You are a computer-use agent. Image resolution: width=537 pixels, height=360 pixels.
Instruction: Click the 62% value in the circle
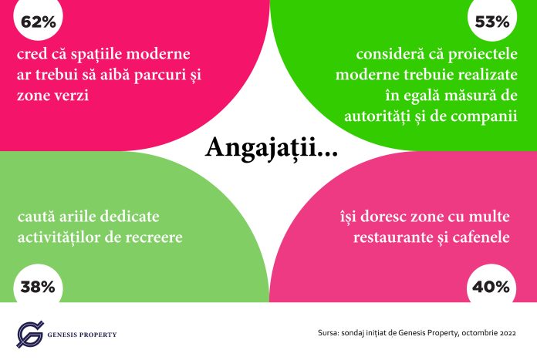click(x=38, y=22)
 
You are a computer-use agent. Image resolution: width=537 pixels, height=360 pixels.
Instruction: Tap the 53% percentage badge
click(x=492, y=22)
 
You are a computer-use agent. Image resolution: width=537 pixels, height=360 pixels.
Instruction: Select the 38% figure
click(x=38, y=287)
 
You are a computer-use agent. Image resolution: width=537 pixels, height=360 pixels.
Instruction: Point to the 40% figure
click(x=491, y=287)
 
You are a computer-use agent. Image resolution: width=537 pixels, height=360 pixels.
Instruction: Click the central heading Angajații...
click(x=272, y=148)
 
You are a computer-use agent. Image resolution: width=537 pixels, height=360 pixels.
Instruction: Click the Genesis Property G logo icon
click(x=30, y=334)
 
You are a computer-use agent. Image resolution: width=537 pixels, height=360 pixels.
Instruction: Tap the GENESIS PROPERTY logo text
click(x=83, y=335)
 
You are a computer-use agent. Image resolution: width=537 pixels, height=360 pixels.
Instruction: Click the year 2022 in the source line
click(x=508, y=333)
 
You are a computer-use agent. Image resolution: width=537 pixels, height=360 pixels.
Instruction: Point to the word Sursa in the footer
click(x=328, y=333)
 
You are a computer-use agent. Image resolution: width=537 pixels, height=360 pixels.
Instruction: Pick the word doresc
click(x=382, y=217)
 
